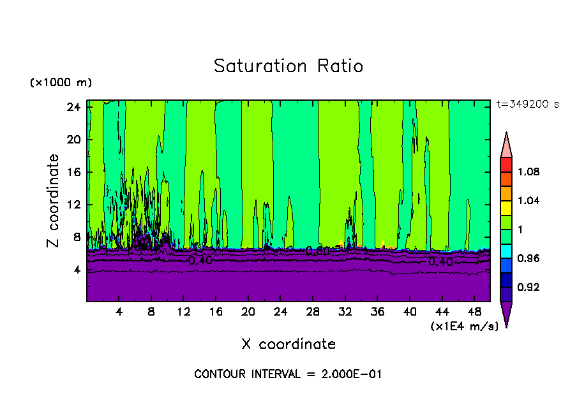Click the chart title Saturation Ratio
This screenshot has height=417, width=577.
point(288,66)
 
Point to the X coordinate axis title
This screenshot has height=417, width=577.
point(288,344)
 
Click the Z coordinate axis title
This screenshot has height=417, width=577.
point(54,201)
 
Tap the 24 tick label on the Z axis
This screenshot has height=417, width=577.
point(73,106)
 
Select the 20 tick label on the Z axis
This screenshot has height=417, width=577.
point(73,139)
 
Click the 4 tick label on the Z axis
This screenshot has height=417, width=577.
point(77,270)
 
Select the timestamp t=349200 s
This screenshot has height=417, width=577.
point(527,105)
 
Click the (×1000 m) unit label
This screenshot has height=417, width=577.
point(61,83)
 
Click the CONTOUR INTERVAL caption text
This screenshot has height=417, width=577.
point(288,374)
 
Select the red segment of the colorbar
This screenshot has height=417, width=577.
point(506,165)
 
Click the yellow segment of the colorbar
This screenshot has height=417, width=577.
point(506,208)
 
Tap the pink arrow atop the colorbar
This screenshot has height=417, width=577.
point(506,145)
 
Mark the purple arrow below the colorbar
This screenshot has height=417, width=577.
point(506,312)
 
